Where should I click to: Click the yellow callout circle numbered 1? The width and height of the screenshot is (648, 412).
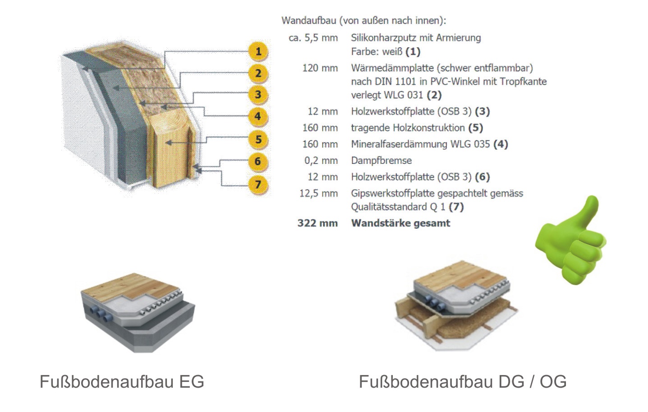click(x=258, y=51)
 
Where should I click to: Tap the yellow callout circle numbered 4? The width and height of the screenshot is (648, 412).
click(x=257, y=116)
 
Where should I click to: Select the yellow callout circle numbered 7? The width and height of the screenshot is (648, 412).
click(x=257, y=184)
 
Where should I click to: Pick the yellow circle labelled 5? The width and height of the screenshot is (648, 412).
click(x=258, y=140)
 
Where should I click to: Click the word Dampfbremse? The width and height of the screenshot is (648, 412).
click(x=381, y=161)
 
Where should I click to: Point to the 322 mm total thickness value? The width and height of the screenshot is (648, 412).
click(x=317, y=223)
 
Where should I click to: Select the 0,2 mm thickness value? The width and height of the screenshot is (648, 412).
click(x=321, y=161)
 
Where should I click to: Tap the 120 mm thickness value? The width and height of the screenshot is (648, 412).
click(x=320, y=68)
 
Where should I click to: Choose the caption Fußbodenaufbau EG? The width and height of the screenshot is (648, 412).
click(x=122, y=381)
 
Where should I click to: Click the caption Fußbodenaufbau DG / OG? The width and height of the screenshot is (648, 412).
click(x=462, y=381)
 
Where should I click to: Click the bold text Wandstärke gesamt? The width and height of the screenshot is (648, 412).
click(x=400, y=223)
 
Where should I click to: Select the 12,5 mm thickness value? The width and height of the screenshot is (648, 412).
click(x=318, y=194)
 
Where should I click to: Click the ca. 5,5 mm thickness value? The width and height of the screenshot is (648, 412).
click(x=313, y=38)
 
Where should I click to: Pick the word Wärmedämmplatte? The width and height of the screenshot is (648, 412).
click(x=389, y=68)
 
